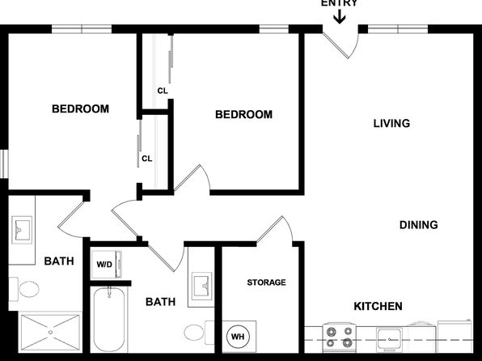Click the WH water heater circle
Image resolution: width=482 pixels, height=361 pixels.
238,337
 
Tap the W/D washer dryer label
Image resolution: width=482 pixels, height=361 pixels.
104,265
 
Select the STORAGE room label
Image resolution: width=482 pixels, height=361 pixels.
267,282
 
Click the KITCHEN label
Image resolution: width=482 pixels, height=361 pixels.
378,306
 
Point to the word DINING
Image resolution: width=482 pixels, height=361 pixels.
419,225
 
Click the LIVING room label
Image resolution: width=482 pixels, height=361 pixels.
391,123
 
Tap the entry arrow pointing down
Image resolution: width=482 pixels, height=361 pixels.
340,17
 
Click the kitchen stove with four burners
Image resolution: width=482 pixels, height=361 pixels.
340,338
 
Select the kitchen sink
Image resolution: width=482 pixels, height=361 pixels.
390,338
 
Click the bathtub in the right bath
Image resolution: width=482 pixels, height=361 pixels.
109,319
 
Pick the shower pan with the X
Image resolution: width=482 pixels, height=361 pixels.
50,332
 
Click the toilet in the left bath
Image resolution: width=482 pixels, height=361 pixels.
24,289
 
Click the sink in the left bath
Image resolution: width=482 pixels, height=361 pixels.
22,230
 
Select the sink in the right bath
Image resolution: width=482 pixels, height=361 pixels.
201,287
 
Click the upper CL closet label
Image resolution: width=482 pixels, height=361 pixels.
163,91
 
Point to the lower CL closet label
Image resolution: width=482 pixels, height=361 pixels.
147,159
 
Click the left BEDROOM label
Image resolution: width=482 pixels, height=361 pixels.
81,109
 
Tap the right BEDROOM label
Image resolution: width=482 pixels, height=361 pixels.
243,115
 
